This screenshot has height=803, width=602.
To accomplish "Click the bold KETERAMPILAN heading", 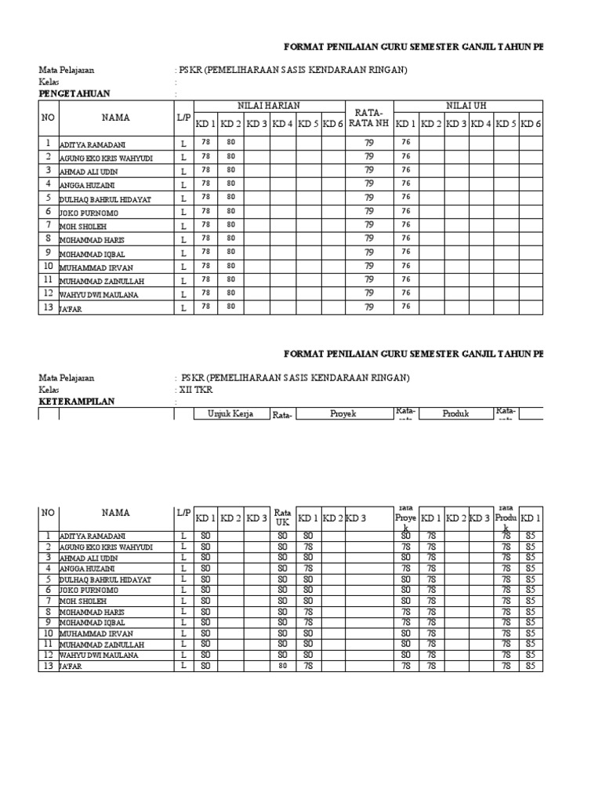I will pos(77,401).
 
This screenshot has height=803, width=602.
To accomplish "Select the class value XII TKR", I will pos(196,390).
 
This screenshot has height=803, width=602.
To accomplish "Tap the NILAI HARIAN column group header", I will pos(269,106).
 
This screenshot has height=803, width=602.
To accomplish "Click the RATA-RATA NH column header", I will pos(368,118).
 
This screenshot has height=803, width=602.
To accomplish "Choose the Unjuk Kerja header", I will pos(230,413).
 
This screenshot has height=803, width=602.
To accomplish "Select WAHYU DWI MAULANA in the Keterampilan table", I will pos(99,655).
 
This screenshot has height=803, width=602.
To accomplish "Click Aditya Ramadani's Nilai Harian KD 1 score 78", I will pos(205,143).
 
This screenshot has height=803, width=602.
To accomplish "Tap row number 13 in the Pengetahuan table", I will pos(48,307).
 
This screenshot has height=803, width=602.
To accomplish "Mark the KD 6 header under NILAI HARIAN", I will pos(333,124).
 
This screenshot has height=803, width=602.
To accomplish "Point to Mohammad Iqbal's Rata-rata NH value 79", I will pos(368,253).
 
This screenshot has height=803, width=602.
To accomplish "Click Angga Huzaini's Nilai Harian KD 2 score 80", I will pos(230,183).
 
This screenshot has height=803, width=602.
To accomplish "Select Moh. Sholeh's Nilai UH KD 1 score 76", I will pos(406,225).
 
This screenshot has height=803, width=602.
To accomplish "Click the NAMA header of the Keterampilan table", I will pos(115,513).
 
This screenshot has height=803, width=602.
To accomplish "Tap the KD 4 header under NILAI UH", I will pos(481,124).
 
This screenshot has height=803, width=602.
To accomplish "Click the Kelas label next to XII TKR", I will pos(49,390).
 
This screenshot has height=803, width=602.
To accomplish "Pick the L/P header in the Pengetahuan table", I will pos(183,117).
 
